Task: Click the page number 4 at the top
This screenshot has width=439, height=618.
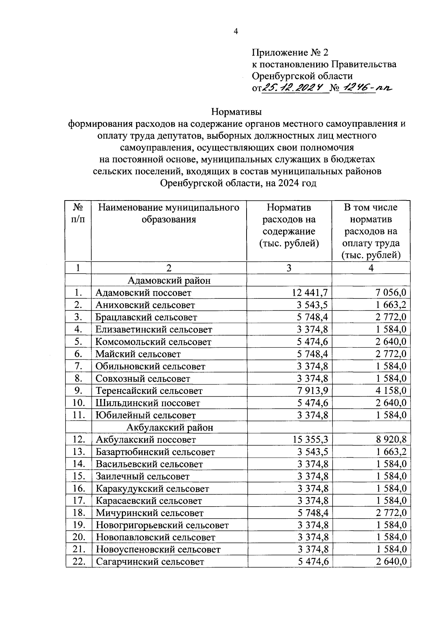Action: (x=236, y=32)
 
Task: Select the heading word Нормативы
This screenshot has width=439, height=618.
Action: (x=237, y=111)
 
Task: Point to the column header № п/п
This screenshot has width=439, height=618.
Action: (x=78, y=213)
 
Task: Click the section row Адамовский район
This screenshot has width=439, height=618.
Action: (x=169, y=281)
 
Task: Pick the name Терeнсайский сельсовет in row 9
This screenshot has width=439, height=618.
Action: (x=149, y=391)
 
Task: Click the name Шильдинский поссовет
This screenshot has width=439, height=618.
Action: (x=148, y=403)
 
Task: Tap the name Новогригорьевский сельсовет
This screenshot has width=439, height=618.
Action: (x=162, y=525)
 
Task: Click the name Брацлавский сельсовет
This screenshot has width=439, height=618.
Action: (x=146, y=317)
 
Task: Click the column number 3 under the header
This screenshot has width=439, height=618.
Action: (x=289, y=268)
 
